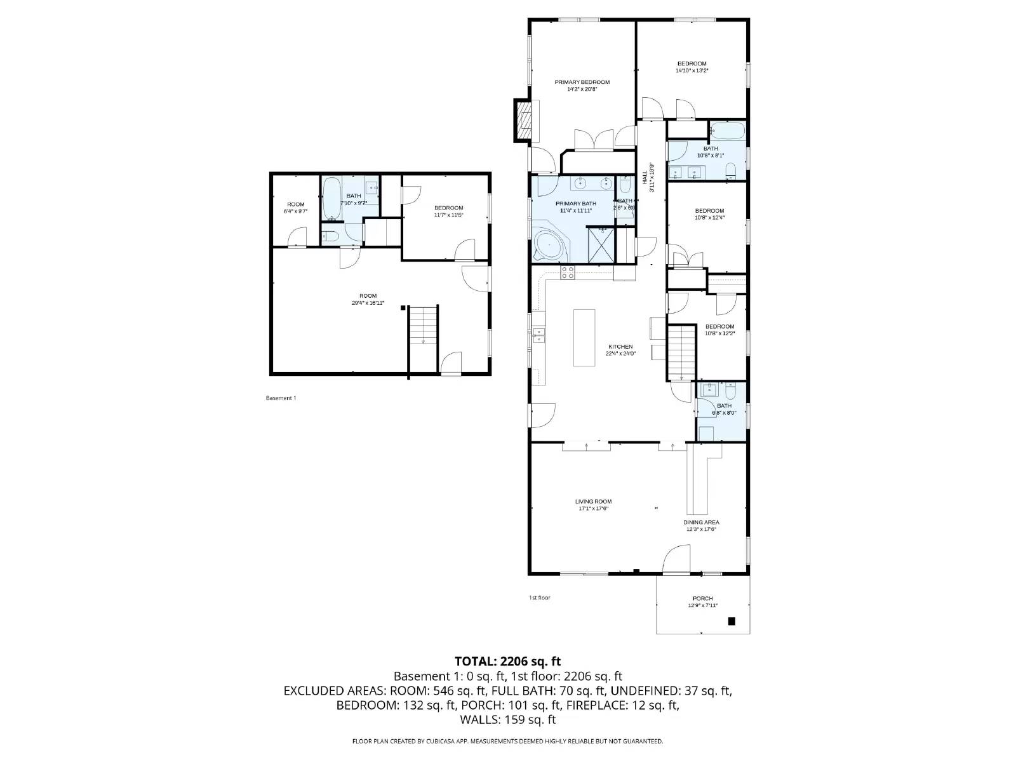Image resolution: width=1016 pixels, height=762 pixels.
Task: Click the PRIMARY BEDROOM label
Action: click(x=582, y=82)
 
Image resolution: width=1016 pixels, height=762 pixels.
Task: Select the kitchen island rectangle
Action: click(x=584, y=337)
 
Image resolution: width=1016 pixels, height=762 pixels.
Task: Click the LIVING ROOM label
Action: click(x=593, y=502)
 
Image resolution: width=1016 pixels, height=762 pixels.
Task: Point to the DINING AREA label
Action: click(x=701, y=523)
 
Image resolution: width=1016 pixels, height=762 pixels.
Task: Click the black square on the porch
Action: click(x=732, y=621)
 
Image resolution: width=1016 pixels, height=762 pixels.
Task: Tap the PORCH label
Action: click(x=702, y=598)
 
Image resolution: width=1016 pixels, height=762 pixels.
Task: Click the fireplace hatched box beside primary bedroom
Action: click(x=523, y=120)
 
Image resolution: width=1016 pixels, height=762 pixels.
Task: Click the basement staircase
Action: click(x=422, y=325)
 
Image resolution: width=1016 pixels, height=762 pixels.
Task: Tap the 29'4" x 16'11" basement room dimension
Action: click(x=368, y=303)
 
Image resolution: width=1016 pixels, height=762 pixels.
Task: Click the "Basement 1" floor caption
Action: click(x=281, y=398)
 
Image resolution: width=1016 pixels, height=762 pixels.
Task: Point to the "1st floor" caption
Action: click(x=540, y=598)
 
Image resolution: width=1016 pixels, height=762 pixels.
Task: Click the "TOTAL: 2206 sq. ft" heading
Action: click(x=507, y=661)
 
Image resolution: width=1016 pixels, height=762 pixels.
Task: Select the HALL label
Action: click(x=645, y=173)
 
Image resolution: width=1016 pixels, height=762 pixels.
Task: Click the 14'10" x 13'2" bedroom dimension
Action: click(x=692, y=70)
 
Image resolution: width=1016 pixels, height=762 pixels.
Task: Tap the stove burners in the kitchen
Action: click(x=568, y=273)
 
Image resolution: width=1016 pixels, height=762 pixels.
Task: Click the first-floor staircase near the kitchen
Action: click(x=682, y=352)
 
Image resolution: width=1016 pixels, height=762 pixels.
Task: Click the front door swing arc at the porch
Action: click(x=672, y=560)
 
